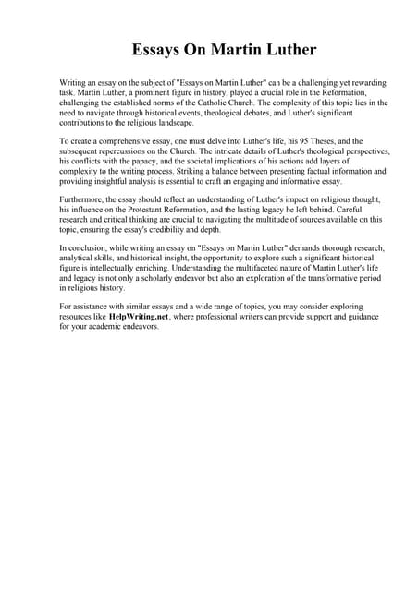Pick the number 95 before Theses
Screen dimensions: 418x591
tap(269, 140)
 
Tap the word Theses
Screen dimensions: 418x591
tap(294, 140)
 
